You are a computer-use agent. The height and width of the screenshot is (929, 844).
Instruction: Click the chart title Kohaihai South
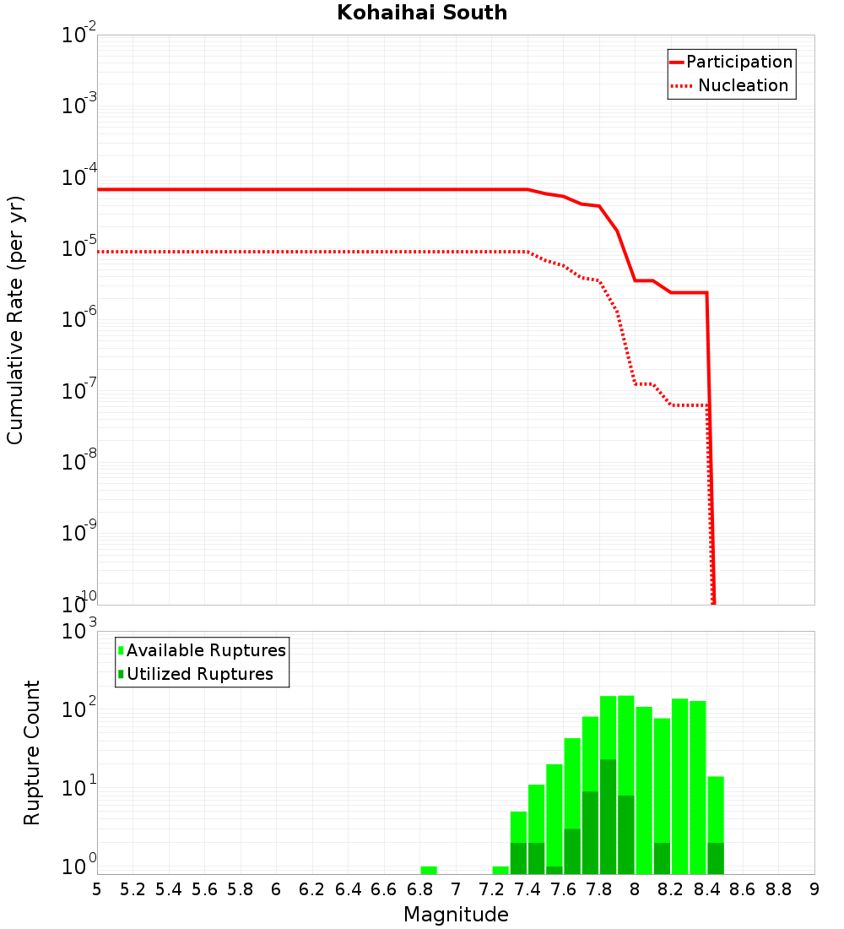tap(422, 13)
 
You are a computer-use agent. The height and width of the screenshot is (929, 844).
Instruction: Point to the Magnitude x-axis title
tap(456, 915)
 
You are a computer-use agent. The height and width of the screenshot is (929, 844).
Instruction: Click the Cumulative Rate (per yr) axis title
tap(15, 320)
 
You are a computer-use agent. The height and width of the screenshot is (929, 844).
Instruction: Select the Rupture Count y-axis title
tap(32, 752)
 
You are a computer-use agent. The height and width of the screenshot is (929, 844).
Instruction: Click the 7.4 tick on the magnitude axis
tap(527, 889)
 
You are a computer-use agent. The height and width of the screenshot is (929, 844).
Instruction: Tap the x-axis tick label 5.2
tap(133, 889)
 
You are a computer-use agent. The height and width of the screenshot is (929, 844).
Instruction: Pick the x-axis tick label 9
tap(814, 889)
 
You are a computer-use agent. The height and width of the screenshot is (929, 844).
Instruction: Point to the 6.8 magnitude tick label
tap(419, 889)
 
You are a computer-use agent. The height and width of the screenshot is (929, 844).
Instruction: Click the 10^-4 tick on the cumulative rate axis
tap(79, 178)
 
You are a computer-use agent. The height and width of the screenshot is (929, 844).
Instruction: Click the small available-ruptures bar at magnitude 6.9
tap(429, 870)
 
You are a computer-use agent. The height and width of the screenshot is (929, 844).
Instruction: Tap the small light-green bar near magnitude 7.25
tap(500, 870)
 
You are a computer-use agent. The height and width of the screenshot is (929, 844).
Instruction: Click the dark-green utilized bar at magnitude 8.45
tap(716, 858)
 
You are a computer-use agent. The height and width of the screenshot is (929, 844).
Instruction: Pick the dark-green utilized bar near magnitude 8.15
tap(662, 858)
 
